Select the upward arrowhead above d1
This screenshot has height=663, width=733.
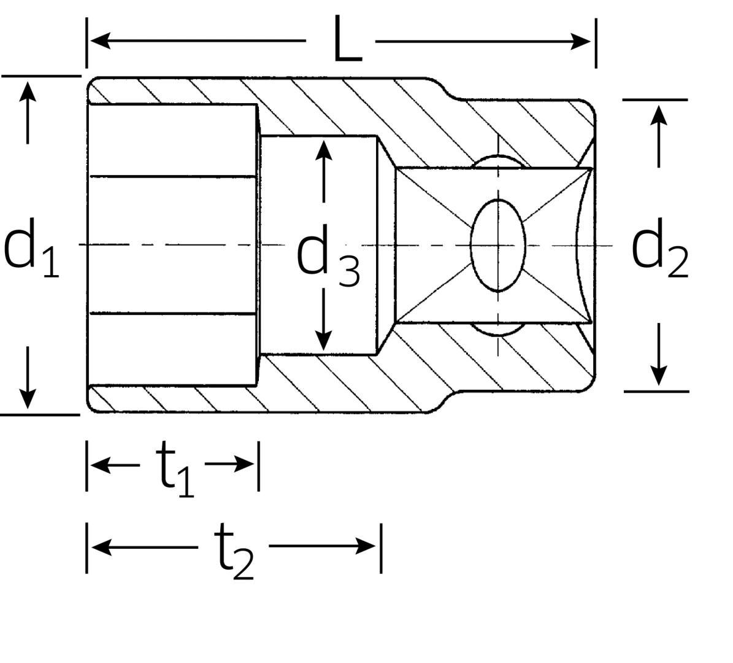[27, 91]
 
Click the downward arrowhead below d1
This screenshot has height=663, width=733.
[27, 399]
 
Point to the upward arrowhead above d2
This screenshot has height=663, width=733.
[659, 115]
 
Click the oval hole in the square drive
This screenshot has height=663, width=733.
[497, 245]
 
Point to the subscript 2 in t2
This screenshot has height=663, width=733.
[243, 568]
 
